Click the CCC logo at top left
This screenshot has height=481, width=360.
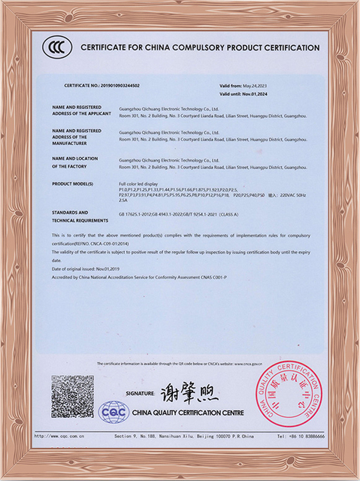click(x=55, y=47)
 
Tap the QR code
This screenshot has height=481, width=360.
click(x=72, y=397)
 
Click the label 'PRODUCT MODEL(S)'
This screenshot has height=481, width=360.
click(x=72, y=183)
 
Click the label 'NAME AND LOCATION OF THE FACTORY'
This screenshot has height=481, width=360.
click(x=75, y=162)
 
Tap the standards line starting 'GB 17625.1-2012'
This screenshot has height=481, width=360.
click(x=179, y=214)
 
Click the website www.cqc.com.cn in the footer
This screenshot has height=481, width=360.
click(x=60, y=436)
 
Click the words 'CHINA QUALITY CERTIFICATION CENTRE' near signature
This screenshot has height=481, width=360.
click(x=188, y=413)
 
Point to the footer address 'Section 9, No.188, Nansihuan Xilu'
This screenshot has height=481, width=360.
click(x=150, y=436)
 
